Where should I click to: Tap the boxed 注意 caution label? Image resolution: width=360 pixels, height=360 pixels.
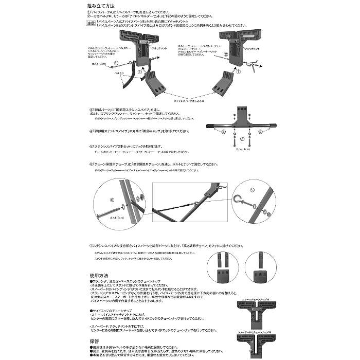pos(92,23)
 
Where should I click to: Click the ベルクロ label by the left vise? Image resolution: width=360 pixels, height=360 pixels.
pos(118,74)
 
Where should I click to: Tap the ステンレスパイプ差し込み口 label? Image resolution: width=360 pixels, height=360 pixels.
pos(175,101)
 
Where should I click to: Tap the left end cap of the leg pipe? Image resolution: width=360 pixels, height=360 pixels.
pos(210,125)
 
